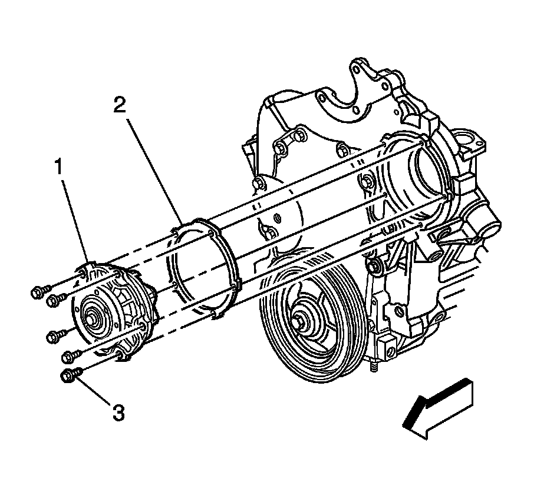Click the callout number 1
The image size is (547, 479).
pyautogui.click(x=59, y=168)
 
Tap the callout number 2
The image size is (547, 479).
pyautogui.click(x=120, y=106)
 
